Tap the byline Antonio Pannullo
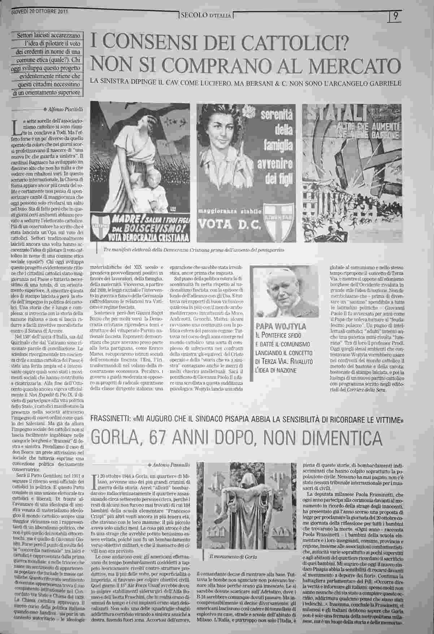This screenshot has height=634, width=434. pos(169,464)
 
